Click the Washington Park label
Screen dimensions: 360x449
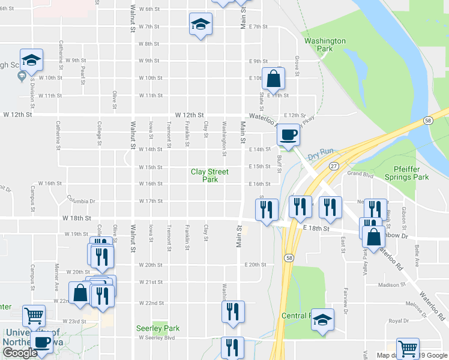coord(325,45)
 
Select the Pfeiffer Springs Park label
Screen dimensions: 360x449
coord(411,173)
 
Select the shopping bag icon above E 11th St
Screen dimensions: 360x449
coord(273,78)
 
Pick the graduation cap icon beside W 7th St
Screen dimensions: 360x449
coord(200,25)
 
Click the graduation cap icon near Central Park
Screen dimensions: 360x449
coord(322,320)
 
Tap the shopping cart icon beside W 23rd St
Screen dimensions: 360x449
coord(34,315)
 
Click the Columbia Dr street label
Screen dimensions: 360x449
coord(82,199)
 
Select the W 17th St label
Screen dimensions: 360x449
coord(151,201)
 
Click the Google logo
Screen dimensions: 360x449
coord(20,352)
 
